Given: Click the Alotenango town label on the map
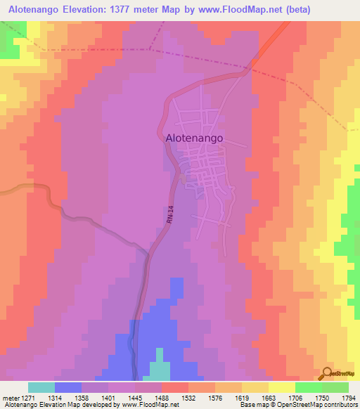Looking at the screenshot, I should click(x=194, y=138).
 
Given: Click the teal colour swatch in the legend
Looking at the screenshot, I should click(x=41, y=387).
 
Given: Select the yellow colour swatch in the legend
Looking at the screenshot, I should click(x=282, y=387).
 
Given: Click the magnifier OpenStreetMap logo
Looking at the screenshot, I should click(x=328, y=372).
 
